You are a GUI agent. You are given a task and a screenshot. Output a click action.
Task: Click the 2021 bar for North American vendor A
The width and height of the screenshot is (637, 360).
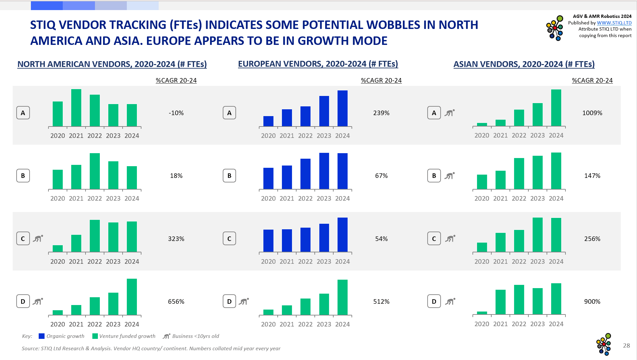(76, 108)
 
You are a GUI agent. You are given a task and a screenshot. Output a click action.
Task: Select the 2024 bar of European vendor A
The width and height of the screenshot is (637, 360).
(342, 108)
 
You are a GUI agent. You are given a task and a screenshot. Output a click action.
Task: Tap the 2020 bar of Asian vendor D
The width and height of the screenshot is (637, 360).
(482, 313)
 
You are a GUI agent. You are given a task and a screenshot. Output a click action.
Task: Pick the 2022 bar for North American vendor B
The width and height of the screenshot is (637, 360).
(95, 171)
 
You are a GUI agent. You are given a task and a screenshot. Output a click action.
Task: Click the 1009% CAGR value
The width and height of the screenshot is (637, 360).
(592, 113)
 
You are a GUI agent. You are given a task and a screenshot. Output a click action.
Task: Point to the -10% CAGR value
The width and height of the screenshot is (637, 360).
(176, 113)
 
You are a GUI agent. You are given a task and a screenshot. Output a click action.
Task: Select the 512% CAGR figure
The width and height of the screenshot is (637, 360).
(381, 301)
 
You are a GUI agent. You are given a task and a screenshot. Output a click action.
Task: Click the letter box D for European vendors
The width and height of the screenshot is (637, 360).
(229, 301)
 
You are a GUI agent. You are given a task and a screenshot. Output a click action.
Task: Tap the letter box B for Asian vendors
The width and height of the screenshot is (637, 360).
(434, 176)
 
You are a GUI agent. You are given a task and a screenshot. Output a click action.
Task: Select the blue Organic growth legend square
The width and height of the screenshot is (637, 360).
(42, 336)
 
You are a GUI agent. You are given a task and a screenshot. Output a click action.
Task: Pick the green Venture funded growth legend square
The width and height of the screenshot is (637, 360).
(95, 336)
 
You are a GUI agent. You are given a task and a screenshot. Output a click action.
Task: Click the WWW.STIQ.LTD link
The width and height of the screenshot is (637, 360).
(614, 23)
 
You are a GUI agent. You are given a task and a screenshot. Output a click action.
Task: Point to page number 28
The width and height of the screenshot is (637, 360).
(626, 346)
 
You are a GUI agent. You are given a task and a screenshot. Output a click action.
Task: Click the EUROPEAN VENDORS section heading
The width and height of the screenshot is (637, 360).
(318, 64)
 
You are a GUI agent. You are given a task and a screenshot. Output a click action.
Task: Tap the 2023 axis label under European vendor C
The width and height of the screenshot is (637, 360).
(324, 261)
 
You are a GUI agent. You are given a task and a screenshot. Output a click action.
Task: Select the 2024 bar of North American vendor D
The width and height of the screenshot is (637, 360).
(132, 297)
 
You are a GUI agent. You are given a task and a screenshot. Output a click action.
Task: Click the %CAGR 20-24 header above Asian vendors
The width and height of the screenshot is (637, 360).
(592, 80)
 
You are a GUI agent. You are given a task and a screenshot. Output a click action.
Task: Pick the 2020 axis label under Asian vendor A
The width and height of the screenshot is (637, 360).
(482, 135)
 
